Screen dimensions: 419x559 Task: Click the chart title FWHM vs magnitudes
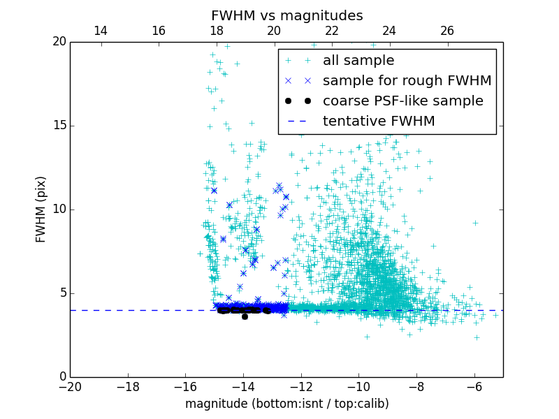pyautogui.click(x=286, y=15)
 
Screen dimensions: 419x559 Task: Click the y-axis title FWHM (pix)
pyautogui.click(x=41, y=209)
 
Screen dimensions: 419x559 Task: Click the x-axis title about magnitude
pyautogui.click(x=286, y=404)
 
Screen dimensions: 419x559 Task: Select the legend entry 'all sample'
pyautogui.click(x=358, y=61)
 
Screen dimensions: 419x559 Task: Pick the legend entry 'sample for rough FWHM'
pyautogui.click(x=407, y=81)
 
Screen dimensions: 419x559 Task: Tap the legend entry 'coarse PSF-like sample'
pyautogui.click(x=402, y=101)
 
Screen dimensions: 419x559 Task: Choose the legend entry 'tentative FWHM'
pyautogui.click(x=379, y=122)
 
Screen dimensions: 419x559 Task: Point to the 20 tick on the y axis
pyautogui.click(x=59, y=42)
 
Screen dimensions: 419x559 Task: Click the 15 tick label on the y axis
pyautogui.click(x=59, y=126)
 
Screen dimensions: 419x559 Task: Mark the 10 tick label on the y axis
pyautogui.click(x=59, y=209)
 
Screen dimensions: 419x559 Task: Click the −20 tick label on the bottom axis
pyautogui.click(x=70, y=387)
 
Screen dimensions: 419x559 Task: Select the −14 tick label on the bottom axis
pyautogui.click(x=243, y=387)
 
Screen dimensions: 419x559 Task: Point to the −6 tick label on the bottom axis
pyautogui.click(x=474, y=387)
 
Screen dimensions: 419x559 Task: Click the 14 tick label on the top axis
pyautogui.click(x=101, y=31)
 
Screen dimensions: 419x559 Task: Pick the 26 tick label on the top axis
pyautogui.click(x=447, y=31)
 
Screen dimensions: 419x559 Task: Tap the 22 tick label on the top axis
pyautogui.click(x=332, y=31)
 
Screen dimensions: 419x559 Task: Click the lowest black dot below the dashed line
pyautogui.click(x=245, y=316)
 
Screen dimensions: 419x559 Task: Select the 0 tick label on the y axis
pyautogui.click(x=62, y=377)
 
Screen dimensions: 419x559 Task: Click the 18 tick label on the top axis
pyautogui.click(x=217, y=31)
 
